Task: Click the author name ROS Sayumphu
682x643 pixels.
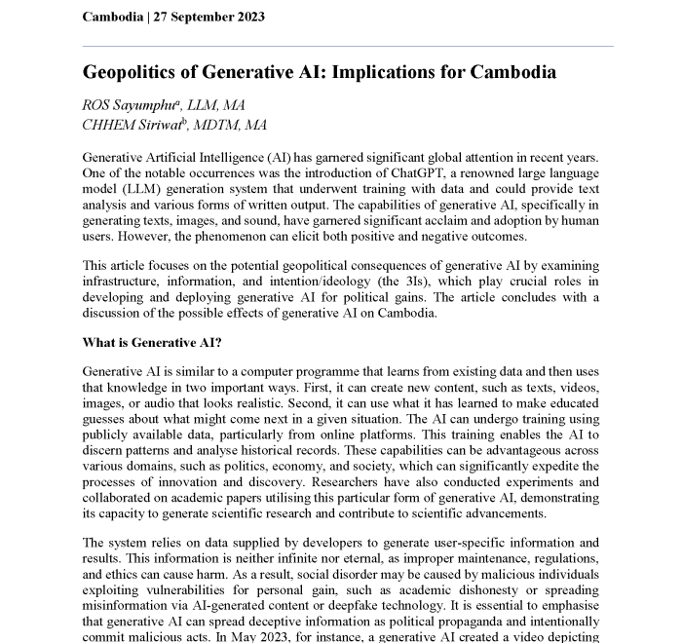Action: (x=129, y=105)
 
